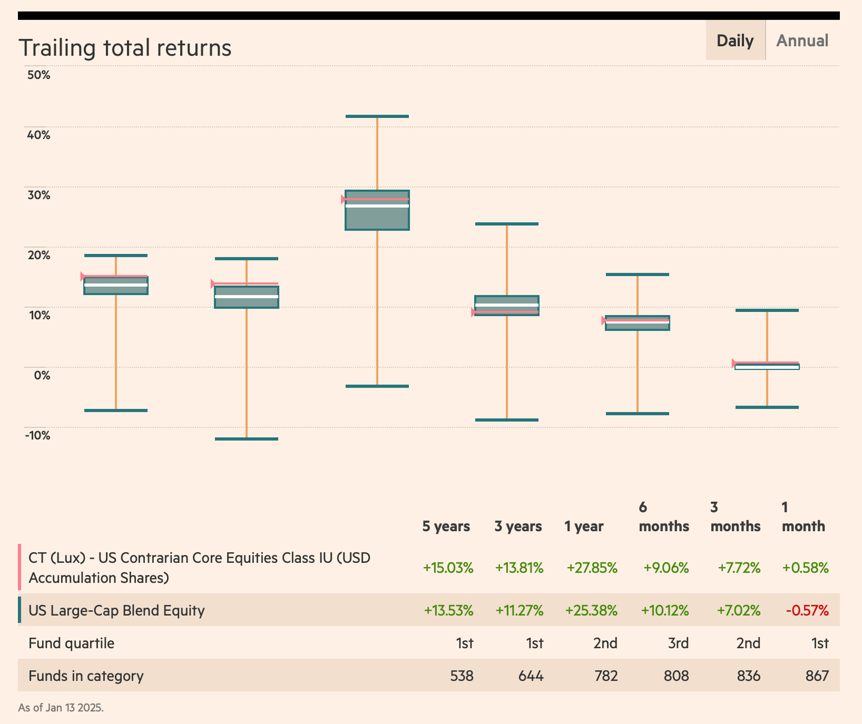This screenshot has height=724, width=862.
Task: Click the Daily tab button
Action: tap(734, 41)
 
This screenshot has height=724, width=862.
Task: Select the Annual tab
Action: tap(802, 41)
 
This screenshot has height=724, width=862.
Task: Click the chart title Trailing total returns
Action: tap(125, 48)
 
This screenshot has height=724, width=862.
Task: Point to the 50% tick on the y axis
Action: tap(38, 75)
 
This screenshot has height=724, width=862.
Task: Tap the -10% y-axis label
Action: tap(37, 435)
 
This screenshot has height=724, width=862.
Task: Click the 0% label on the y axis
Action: tap(42, 375)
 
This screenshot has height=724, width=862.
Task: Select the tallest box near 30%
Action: tap(377, 210)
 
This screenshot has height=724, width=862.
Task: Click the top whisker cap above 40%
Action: tap(377, 116)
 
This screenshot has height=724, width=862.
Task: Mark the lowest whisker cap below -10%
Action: tap(246, 439)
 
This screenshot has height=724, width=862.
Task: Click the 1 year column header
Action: tap(584, 526)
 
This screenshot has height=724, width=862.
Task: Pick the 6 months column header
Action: tap(663, 517)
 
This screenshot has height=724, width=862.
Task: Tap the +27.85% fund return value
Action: tap(591, 568)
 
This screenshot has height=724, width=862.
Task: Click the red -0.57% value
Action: tap(807, 611)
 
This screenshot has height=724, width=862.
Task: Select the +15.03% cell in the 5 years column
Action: tap(448, 568)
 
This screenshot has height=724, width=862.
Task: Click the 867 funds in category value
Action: tap(817, 676)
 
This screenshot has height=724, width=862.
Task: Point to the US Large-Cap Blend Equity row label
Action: tap(117, 611)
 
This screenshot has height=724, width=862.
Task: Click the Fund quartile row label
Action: tap(71, 643)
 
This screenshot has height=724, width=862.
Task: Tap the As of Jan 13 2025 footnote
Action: tap(60, 708)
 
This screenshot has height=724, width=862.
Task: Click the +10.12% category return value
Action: tap(664, 611)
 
